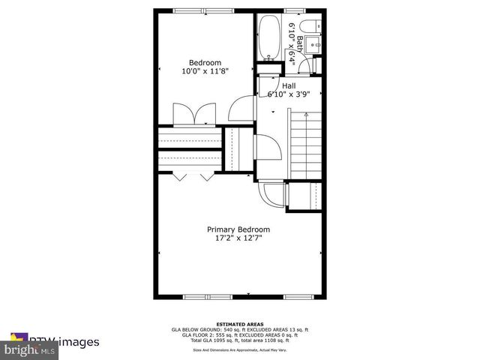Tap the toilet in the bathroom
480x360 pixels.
coord(318,27)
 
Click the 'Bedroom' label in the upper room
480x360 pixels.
coord(205,62)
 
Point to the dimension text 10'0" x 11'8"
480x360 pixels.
coord(205,71)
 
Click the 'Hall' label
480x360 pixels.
coord(289,85)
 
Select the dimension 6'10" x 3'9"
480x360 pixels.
coord(289,94)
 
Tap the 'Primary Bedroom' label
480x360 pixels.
coord(238,229)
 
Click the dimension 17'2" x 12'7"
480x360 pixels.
coord(238,238)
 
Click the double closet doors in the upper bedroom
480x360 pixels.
coord(194,115)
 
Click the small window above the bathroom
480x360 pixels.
coord(295,10)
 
